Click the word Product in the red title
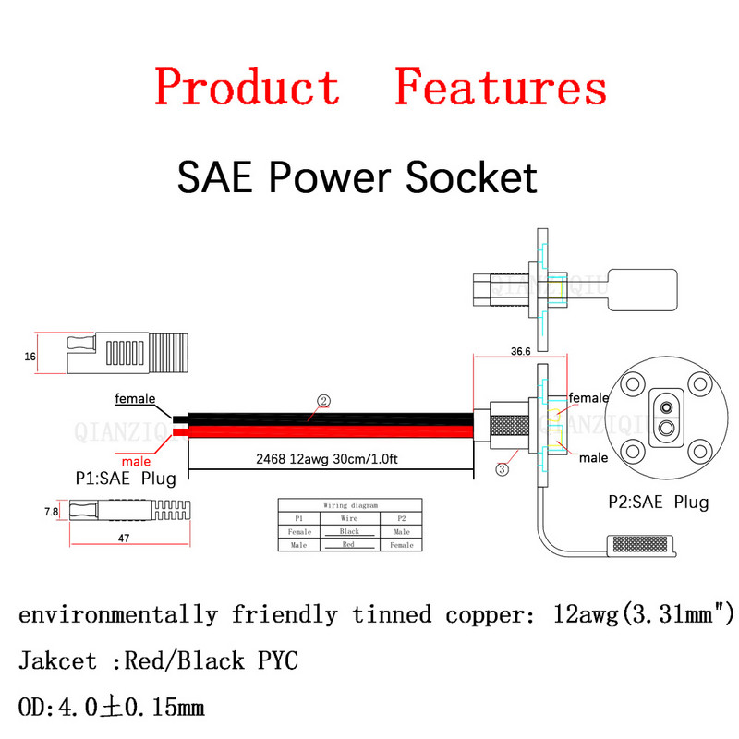tap(247, 88)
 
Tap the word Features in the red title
tap(500, 88)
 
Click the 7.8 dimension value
tap(52, 511)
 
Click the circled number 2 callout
tap(323, 401)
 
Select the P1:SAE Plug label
tap(126, 479)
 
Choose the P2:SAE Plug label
tap(658, 503)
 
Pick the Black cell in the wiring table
tap(349, 532)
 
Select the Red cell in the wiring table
tap(349, 545)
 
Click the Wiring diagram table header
tap(349, 505)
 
